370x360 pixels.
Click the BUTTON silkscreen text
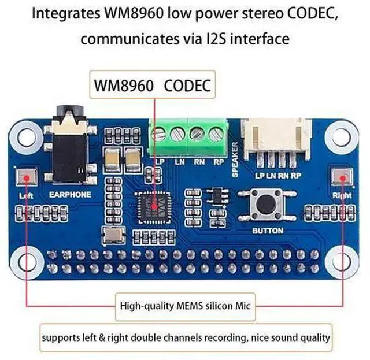(x=268, y=231)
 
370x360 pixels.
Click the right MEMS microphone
(x=343, y=176)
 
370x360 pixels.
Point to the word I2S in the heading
(x=214, y=39)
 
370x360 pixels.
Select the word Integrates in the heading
(x=63, y=13)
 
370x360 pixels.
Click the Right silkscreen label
(x=342, y=195)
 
